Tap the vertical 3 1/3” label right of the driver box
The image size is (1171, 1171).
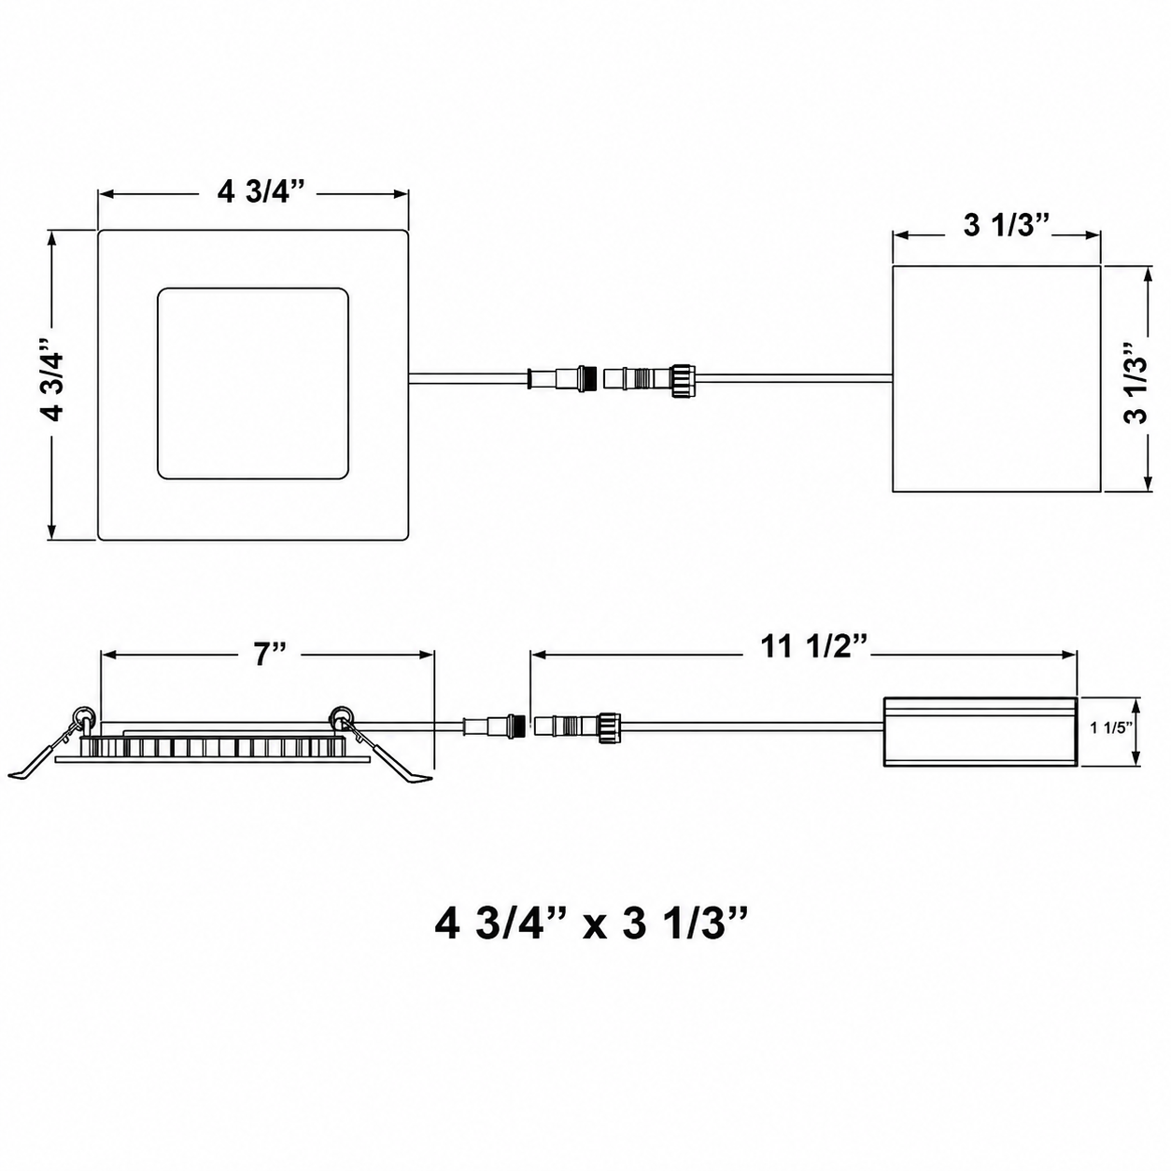coord(1136,384)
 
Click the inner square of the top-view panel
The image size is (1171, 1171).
coord(253,384)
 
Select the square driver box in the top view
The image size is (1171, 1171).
coord(996,378)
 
